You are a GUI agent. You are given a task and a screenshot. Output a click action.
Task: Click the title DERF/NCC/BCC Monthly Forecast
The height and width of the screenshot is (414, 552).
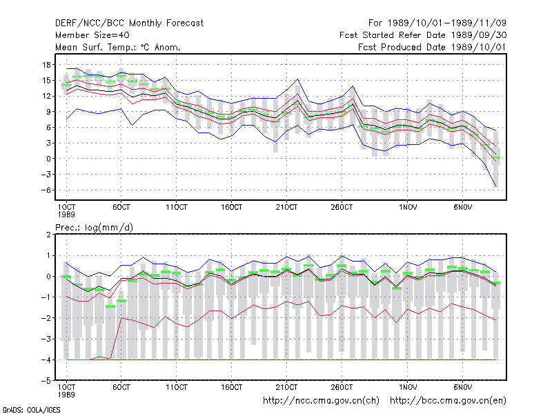coord(129,23)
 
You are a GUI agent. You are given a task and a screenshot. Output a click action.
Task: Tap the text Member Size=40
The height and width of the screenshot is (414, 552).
coord(92,35)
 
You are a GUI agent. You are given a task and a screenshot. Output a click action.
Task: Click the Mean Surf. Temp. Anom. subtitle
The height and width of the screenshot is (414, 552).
coord(117,47)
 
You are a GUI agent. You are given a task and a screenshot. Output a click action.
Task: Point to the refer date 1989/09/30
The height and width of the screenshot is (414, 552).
coord(479,35)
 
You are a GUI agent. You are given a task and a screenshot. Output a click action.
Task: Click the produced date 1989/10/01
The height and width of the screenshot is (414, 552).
coord(479,47)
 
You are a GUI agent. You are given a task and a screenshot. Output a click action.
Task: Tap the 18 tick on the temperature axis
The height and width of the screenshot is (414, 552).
coord(46,65)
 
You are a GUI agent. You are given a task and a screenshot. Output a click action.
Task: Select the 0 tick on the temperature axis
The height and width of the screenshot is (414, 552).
coord(48,159)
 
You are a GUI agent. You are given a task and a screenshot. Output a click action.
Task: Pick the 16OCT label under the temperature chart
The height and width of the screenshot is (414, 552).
coord(231,208)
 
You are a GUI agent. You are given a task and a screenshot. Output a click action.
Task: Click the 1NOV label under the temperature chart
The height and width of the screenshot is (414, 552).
coord(408,208)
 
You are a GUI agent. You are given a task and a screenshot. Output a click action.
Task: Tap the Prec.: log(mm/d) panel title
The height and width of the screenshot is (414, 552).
coord(94,228)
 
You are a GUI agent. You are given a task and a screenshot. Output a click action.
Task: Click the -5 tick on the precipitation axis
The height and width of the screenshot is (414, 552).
coord(46,381)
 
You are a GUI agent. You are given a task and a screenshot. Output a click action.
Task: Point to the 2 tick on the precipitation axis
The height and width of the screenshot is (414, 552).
coord(48,235)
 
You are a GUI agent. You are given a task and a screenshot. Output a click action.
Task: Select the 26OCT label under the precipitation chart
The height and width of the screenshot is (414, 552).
coord(342,387)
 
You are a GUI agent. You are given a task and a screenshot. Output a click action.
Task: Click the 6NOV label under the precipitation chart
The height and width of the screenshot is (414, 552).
coord(462,387)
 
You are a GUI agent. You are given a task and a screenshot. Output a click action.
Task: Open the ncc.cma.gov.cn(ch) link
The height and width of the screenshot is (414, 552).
coord(321,401)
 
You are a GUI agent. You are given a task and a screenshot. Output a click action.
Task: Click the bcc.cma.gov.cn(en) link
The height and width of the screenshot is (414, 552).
coord(448,401)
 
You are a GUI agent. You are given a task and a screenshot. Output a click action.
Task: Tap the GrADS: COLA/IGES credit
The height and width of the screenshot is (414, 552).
coord(31,410)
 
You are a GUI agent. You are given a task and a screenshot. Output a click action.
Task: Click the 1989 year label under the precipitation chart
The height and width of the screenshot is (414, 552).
coord(66,395)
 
